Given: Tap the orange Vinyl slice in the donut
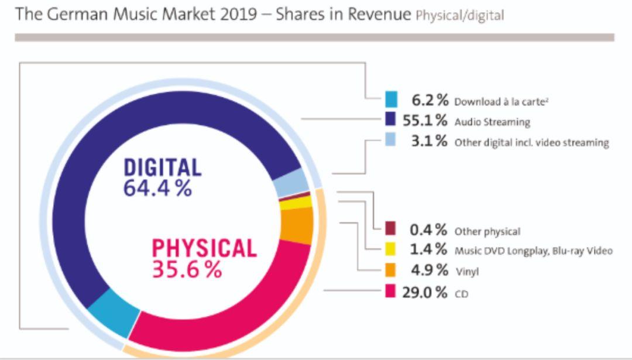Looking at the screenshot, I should click(x=297, y=225).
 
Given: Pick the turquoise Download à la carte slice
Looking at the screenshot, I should click(x=115, y=313).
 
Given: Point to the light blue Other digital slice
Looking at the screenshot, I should click(x=291, y=183).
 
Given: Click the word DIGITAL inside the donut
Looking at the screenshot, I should click(x=162, y=167).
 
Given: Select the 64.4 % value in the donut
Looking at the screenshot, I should click(x=158, y=188).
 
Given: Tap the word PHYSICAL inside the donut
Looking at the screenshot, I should click(x=204, y=248).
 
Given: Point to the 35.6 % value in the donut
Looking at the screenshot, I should click(x=187, y=269).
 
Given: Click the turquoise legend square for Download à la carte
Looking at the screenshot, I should click(x=391, y=100).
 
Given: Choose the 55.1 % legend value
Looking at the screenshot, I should click(x=425, y=121).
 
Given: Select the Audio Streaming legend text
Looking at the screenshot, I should click(x=492, y=122).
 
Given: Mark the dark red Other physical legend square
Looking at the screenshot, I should click(x=391, y=229).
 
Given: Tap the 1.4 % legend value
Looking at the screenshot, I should click(x=429, y=249).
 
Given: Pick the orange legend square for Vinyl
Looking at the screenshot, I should click(x=391, y=270).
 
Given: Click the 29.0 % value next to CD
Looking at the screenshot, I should click(x=425, y=292).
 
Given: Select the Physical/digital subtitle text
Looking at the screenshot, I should click(x=459, y=16).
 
